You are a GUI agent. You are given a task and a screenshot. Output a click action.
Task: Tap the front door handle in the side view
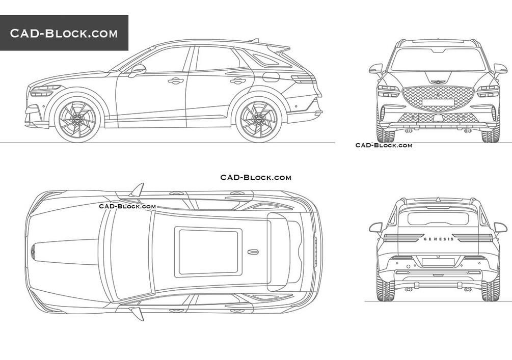pos(176,80)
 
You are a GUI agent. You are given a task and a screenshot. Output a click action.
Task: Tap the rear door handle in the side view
pos(237,80)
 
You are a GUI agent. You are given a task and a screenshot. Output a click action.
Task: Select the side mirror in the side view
pos(137,69)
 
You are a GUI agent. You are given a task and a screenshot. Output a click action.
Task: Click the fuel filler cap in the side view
pos(271,77)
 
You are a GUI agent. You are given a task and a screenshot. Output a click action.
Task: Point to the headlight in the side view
pos(45,91)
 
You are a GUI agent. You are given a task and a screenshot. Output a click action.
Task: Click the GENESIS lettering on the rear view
pos(438,238)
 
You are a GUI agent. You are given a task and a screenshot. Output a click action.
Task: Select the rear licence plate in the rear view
pos(438,262)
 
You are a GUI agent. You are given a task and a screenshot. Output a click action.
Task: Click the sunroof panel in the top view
pos(208,251)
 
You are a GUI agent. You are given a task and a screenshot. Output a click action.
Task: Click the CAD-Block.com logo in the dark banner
pos(64,34)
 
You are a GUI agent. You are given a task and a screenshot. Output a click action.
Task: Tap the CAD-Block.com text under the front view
pos(384,145)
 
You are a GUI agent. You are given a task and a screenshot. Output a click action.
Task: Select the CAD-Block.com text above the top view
pos(256,177)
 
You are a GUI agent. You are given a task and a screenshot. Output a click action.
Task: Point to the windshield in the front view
pos(438,60)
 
